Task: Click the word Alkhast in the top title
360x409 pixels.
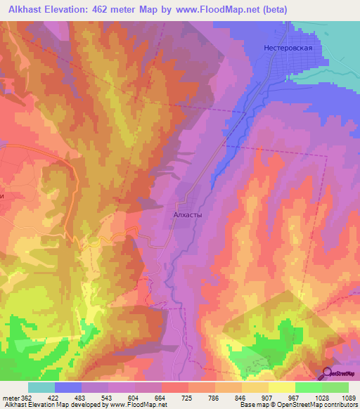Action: click(x=26, y=8)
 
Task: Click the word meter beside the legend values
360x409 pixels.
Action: click(x=11, y=397)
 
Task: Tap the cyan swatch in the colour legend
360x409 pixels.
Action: click(x=41, y=387)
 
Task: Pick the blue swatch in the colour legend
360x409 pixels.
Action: click(x=68, y=387)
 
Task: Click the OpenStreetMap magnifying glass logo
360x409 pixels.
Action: click(x=328, y=374)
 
